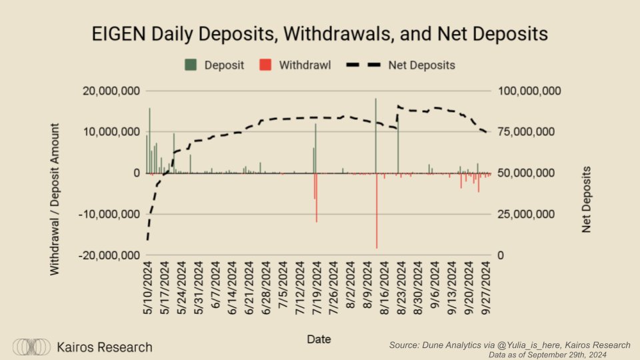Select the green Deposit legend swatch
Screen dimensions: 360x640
pyautogui.click(x=191, y=65)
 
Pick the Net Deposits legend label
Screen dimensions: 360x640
pyautogui.click(x=421, y=65)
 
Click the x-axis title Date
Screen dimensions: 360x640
pyautogui.click(x=319, y=339)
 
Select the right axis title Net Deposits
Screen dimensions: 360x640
pyautogui.click(x=587, y=199)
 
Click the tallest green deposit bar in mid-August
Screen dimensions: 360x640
pyautogui.click(x=375, y=133)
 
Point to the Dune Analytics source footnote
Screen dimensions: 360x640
pyautogui.click(x=509, y=345)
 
